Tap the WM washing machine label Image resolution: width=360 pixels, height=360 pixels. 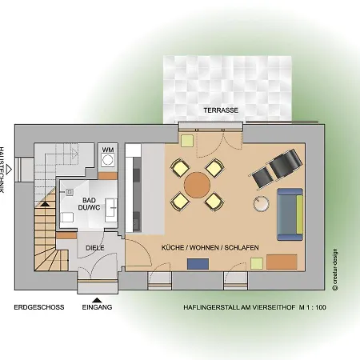pyautogui.click(x=108, y=149)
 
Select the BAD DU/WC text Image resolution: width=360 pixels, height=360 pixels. pyautogui.click(x=88, y=204)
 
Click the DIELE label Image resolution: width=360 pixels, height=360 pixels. pyautogui.click(x=95, y=248)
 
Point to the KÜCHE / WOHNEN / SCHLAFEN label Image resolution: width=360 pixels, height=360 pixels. pyautogui.click(x=209, y=248)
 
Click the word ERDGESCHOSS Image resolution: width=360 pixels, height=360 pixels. pyautogui.click(x=34, y=306)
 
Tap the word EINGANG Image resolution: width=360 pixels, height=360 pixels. pyautogui.click(x=97, y=307)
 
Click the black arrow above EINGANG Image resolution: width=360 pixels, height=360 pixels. pyautogui.click(x=97, y=298)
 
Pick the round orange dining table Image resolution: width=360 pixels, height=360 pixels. pyautogui.click(x=196, y=186)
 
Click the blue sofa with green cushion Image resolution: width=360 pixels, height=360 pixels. pyautogui.click(x=290, y=214)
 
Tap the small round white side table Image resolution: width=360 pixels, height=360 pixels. pyautogui.click(x=261, y=203)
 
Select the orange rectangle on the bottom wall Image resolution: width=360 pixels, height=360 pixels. pyautogui.click(x=280, y=261)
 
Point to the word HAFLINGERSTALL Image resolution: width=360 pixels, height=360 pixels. pyautogui.click(x=210, y=306)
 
